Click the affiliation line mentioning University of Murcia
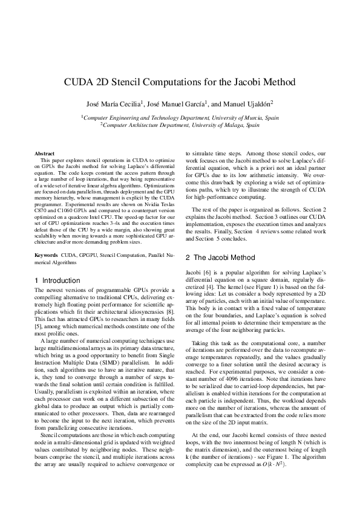180,117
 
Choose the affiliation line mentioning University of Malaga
180,125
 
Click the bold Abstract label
45,155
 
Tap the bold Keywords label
47,257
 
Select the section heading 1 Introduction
57,280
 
